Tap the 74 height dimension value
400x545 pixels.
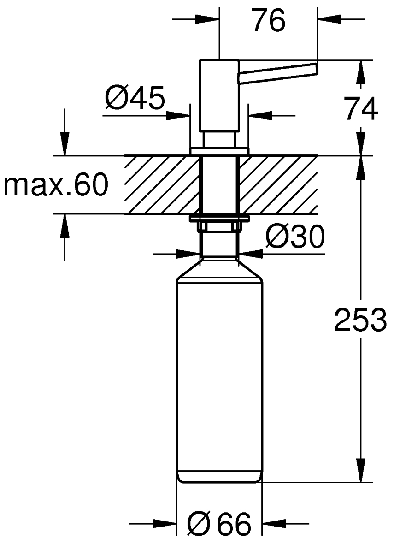[x=361, y=109]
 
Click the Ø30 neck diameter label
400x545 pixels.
[x=295, y=237]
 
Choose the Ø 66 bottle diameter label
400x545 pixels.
[x=220, y=524]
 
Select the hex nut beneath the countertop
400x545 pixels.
[x=219, y=226]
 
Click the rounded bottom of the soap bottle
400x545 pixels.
[x=219, y=477]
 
